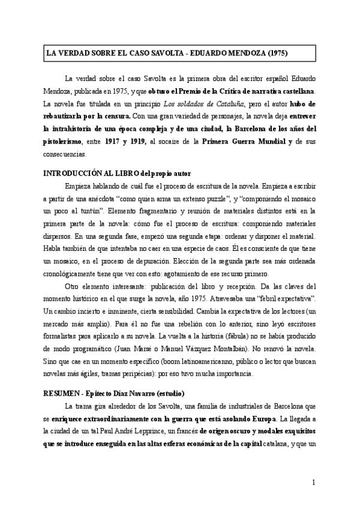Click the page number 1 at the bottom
coord(314,482)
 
